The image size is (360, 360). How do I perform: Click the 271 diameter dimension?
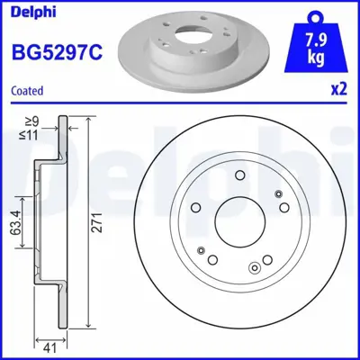click(x=95, y=229)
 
